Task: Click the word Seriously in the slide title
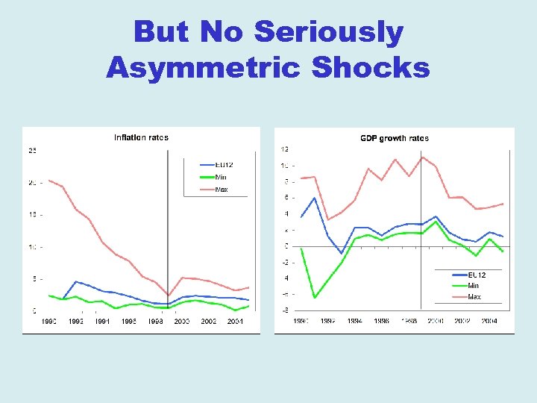(x=328, y=33)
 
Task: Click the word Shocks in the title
(x=371, y=67)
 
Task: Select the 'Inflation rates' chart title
(x=141, y=137)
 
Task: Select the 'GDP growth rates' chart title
(x=395, y=138)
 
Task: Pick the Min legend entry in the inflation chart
(x=221, y=177)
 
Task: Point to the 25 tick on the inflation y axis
(x=32, y=151)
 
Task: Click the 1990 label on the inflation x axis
(x=48, y=322)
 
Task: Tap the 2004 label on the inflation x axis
(x=235, y=322)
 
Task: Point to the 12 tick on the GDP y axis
(x=284, y=149)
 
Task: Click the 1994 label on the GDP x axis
(x=355, y=322)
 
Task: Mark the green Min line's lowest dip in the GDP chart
(x=315, y=298)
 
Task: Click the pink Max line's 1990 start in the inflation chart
(x=48, y=181)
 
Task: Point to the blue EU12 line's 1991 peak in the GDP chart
(x=315, y=198)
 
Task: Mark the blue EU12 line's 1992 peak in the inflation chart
(x=75, y=281)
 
